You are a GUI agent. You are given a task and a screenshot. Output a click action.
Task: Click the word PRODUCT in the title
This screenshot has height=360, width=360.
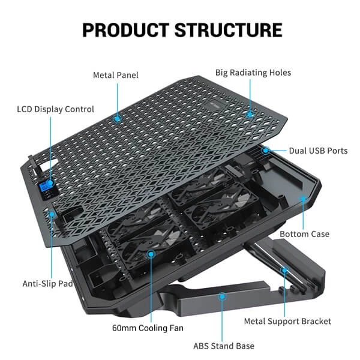pos(125,29)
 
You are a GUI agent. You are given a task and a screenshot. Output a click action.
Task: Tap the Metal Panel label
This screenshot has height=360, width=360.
pos(115,75)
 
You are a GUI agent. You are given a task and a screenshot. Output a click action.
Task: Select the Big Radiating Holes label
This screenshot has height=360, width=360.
pos(253,73)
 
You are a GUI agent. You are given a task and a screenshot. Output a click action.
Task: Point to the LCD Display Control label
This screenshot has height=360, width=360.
pos(55,109)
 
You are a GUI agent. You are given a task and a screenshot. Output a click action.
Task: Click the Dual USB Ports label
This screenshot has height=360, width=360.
pos(318,151)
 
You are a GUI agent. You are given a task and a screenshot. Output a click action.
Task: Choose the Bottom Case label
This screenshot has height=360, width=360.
pos(304,233)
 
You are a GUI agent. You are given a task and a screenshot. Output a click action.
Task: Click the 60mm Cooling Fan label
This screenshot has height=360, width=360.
pos(148,328)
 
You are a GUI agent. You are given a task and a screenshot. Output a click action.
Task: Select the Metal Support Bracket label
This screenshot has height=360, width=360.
pos(287,321)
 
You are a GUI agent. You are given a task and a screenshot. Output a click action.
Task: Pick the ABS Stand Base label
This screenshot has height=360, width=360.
pos(223,346)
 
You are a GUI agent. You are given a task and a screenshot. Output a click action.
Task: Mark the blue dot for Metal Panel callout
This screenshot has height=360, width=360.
pos(117,118)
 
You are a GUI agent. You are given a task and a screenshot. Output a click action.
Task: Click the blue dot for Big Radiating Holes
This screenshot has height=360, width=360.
pos(250,112)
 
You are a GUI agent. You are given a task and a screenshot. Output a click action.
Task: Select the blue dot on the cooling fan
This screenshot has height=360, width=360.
pos(151,255)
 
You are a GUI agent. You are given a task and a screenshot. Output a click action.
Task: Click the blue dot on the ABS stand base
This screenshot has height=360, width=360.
pos(223,296)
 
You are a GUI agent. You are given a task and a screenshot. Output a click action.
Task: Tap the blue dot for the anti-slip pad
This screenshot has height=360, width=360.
pos(52,213)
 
